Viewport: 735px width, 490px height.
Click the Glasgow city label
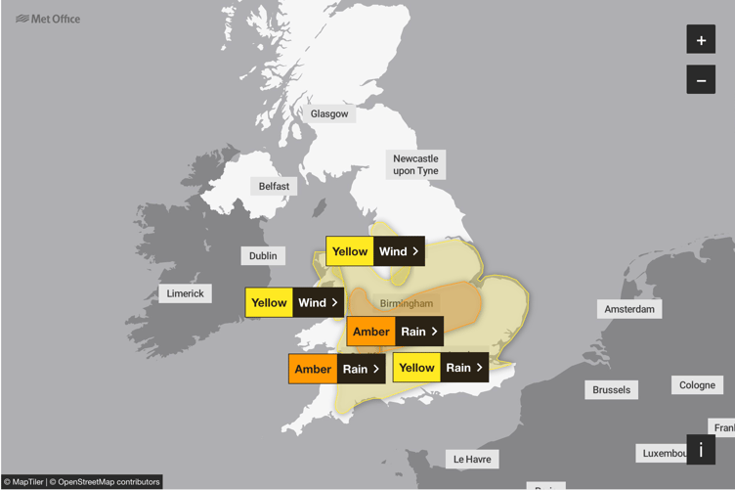(329, 113)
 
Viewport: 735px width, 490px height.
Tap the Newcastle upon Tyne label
(415, 164)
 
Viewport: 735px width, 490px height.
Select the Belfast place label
(275, 186)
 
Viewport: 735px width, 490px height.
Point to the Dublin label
(263, 255)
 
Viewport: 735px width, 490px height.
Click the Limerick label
(185, 293)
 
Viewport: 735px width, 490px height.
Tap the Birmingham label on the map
(406, 304)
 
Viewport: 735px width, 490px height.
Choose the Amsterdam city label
(629, 309)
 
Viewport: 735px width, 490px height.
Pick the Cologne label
(697, 384)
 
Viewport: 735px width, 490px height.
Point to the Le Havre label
(471, 459)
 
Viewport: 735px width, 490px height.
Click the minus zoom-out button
(701, 79)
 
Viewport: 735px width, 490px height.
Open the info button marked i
(701, 450)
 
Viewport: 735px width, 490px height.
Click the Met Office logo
(48, 19)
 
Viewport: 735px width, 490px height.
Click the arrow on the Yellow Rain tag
(479, 368)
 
